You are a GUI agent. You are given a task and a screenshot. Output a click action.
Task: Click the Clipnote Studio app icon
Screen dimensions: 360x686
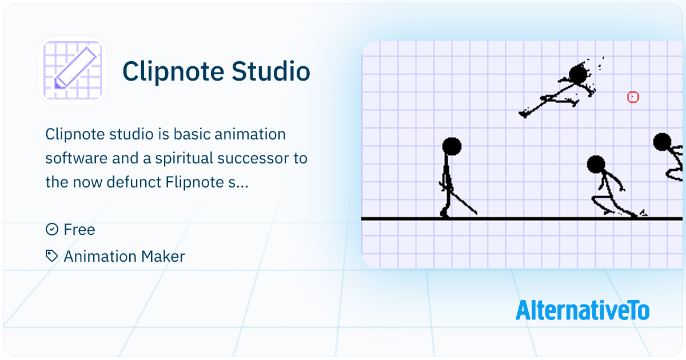pyautogui.click(x=73, y=70)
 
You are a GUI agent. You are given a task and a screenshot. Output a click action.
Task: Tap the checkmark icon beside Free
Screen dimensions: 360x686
pyautogui.click(x=52, y=230)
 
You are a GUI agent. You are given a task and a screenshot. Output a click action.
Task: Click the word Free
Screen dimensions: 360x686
pyautogui.click(x=79, y=230)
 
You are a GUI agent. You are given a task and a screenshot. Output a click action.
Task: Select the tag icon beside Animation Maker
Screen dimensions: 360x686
pyautogui.click(x=52, y=256)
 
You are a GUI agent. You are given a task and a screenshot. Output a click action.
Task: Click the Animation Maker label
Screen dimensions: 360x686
pyautogui.click(x=124, y=257)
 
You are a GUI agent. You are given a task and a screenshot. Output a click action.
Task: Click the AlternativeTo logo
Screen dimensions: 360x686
pyautogui.click(x=582, y=310)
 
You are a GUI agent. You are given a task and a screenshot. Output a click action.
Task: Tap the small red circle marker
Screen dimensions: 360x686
pyautogui.click(x=633, y=97)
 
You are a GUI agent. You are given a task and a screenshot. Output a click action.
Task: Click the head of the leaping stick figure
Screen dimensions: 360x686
pyautogui.click(x=579, y=74)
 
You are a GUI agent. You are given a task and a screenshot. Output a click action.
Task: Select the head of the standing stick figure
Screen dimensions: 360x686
pyautogui.click(x=452, y=146)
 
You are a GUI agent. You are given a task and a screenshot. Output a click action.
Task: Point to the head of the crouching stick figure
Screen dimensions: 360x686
pyautogui.click(x=596, y=165)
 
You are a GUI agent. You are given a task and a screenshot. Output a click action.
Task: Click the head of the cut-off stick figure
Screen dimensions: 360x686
pyautogui.click(x=662, y=142)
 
